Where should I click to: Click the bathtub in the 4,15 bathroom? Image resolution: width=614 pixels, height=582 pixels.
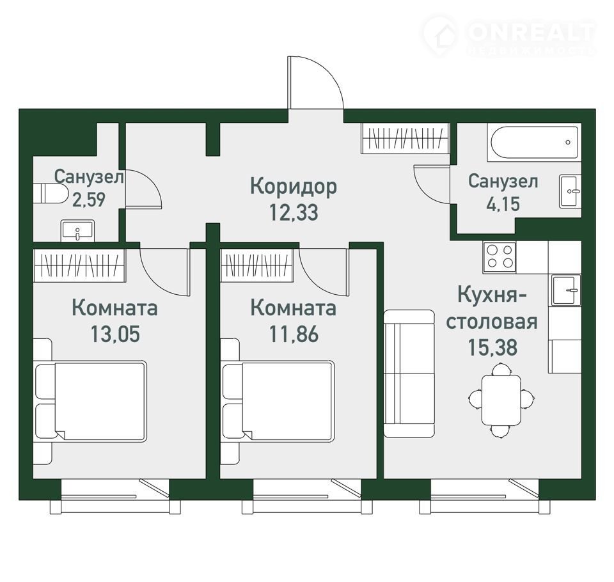(534, 143)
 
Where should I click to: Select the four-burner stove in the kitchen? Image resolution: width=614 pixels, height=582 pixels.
(500, 256)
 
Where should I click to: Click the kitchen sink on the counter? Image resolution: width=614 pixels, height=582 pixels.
(566, 290)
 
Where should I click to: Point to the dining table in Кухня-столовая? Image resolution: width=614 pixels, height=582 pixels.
(501, 400)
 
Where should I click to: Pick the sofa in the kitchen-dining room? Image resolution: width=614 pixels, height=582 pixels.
(409, 374)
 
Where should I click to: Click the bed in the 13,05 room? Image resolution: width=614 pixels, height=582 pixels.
(91, 401)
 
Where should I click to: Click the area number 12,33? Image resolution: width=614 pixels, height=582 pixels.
(294, 213)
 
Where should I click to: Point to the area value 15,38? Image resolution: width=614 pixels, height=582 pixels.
(492, 347)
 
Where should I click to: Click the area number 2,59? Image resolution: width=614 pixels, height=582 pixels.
(89, 200)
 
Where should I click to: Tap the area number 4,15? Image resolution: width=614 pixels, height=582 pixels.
(503, 204)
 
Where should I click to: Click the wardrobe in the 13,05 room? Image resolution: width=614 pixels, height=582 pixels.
(79, 265)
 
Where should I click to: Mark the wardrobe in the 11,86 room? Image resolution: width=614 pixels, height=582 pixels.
(256, 265)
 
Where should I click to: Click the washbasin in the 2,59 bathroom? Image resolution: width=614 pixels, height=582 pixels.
(77, 231)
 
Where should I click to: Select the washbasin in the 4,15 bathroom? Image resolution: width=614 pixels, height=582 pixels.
(570, 191)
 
